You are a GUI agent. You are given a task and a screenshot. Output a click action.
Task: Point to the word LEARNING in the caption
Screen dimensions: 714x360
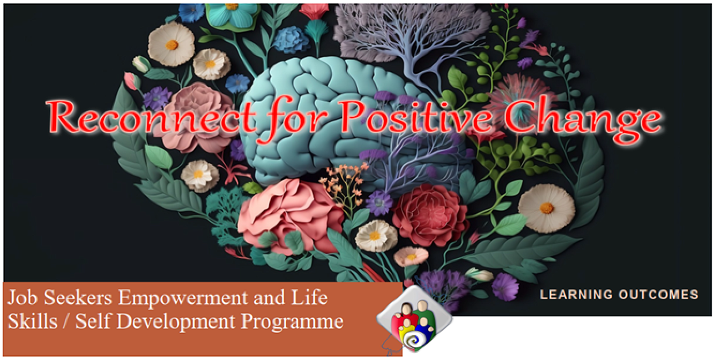tap(576, 294)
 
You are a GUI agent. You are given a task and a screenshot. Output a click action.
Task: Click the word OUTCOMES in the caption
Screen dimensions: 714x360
tap(658, 294)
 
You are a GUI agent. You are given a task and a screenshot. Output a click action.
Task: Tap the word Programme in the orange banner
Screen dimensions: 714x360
tap(292, 322)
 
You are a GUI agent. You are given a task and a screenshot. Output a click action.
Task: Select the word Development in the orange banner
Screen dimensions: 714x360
tap(176, 321)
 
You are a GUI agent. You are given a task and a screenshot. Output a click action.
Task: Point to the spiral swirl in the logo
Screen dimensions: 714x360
tap(414, 341)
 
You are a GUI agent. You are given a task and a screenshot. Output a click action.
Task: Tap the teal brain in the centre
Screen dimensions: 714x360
tap(323, 118)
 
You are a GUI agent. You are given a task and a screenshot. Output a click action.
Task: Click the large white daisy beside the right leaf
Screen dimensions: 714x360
tap(546, 208)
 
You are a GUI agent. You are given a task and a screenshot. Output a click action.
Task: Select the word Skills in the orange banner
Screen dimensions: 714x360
tap(32, 321)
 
